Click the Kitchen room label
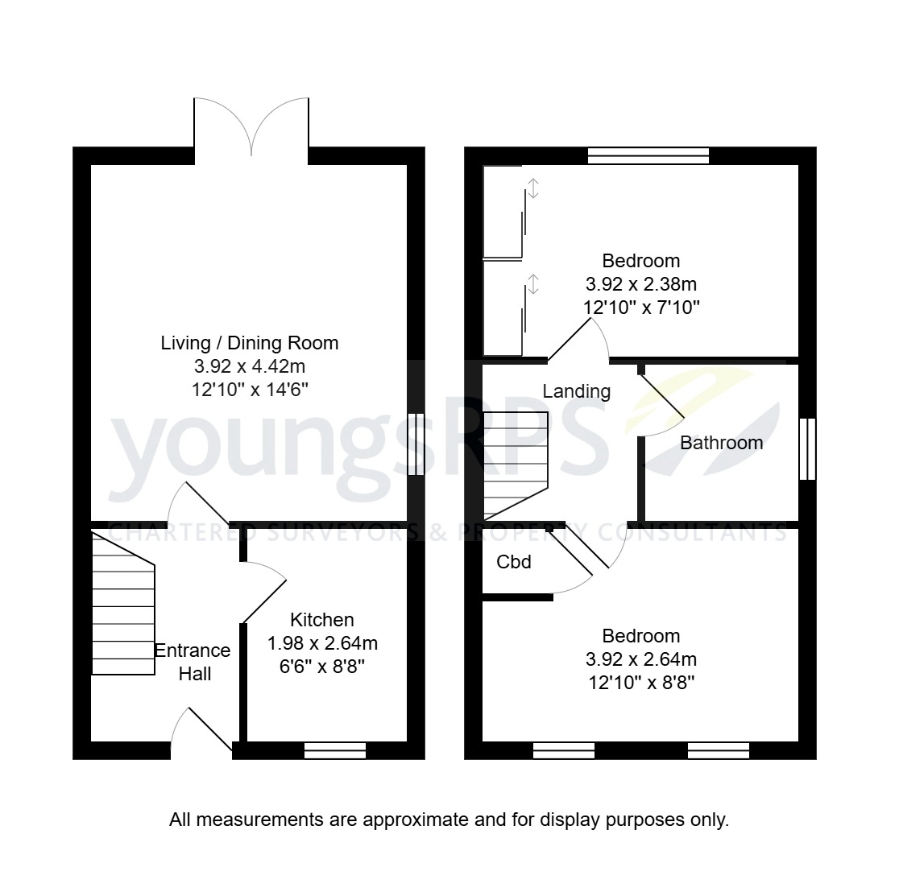[321, 620]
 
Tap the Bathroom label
[721, 443]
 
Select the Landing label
[576, 392]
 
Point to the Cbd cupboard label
[514, 562]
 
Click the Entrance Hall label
[193, 662]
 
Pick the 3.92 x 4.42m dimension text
[250, 367]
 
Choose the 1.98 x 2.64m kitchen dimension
[322, 644]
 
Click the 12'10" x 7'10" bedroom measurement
[641, 308]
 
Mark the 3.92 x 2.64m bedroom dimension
[641, 660]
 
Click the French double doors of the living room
[251, 127]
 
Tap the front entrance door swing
[201, 729]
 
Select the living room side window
[416, 444]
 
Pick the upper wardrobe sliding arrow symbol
[532, 188]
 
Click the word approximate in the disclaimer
[415, 820]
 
